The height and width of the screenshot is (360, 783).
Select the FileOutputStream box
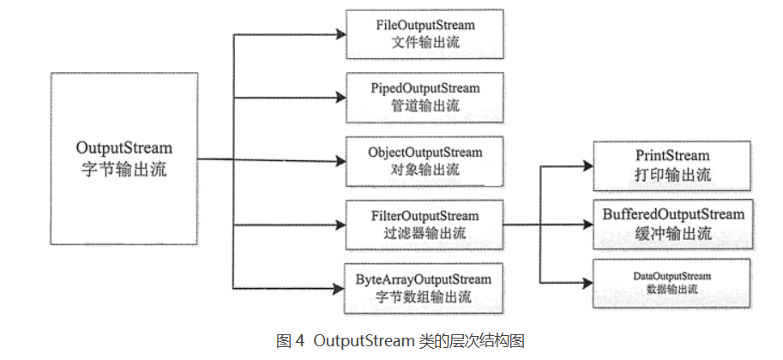[x=425, y=34]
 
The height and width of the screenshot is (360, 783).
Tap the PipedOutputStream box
[x=425, y=97]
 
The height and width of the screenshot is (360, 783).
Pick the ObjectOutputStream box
[x=425, y=161]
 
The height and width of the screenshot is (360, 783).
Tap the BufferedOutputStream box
[x=672, y=225]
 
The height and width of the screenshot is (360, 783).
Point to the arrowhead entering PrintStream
[x=587, y=167]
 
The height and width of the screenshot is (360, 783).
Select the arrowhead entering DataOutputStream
[x=587, y=282]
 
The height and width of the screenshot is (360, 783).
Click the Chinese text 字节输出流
[x=124, y=170]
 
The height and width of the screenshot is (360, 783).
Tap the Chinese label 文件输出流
[x=425, y=43]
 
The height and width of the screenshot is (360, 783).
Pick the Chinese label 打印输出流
[x=672, y=176]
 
